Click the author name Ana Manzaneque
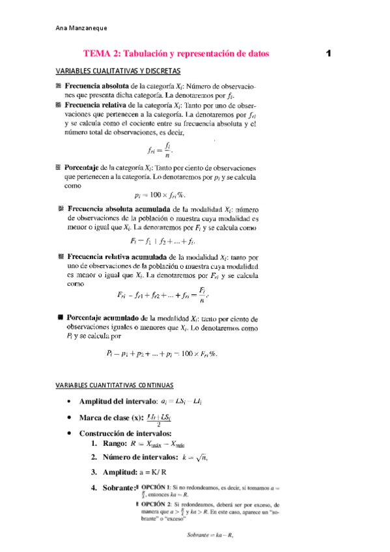coord(81,28)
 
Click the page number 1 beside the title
coord(329,53)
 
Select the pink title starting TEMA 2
coord(175,53)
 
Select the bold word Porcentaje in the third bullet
coord(85,167)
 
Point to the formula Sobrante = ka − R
coord(209,536)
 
